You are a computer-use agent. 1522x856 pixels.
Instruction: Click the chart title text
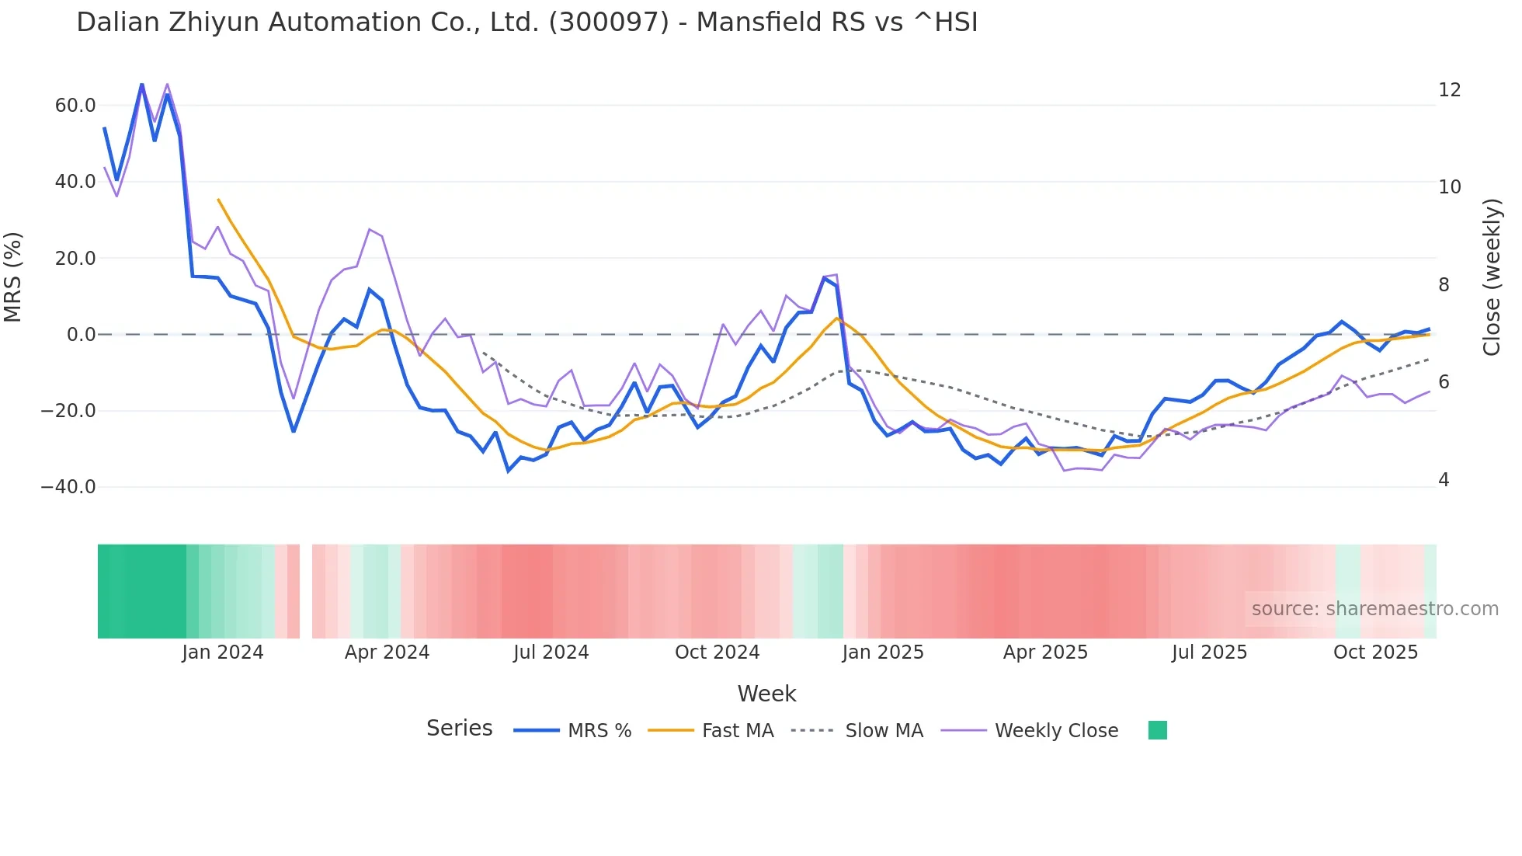(526, 23)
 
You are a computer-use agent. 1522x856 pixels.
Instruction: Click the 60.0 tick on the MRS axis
(75, 106)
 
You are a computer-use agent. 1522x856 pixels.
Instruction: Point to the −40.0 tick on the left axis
(68, 487)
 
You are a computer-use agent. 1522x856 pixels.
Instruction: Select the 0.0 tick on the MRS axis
(82, 335)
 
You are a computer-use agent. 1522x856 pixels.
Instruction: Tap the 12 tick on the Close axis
(1449, 90)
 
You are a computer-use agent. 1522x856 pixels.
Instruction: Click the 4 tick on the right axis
(1444, 480)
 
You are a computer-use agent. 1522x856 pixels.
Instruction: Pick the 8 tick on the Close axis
(1444, 285)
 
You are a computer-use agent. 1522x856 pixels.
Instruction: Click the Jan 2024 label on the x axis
(223, 652)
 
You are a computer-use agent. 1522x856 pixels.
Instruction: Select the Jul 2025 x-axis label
(1209, 652)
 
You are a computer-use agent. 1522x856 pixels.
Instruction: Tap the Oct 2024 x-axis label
(717, 652)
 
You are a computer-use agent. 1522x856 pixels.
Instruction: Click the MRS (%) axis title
(13, 277)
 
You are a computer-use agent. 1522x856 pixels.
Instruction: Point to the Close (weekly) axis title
(1492, 277)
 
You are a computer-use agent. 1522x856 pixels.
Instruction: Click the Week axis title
(766, 694)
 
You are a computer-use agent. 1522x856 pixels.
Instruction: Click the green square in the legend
(1157, 730)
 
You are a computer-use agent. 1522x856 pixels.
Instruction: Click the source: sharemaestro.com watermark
(1374, 609)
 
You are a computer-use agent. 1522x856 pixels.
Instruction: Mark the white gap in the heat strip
(306, 591)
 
